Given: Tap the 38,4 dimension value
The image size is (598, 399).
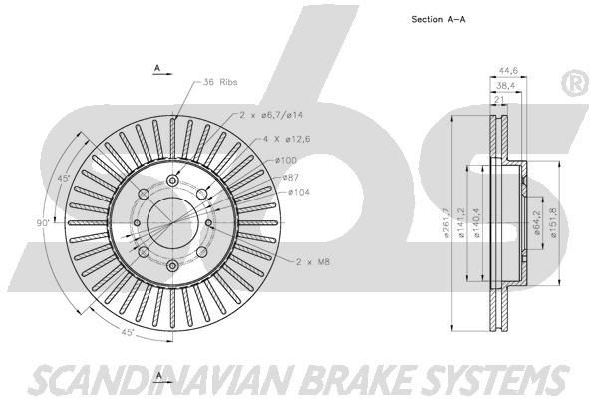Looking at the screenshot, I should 506,87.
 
